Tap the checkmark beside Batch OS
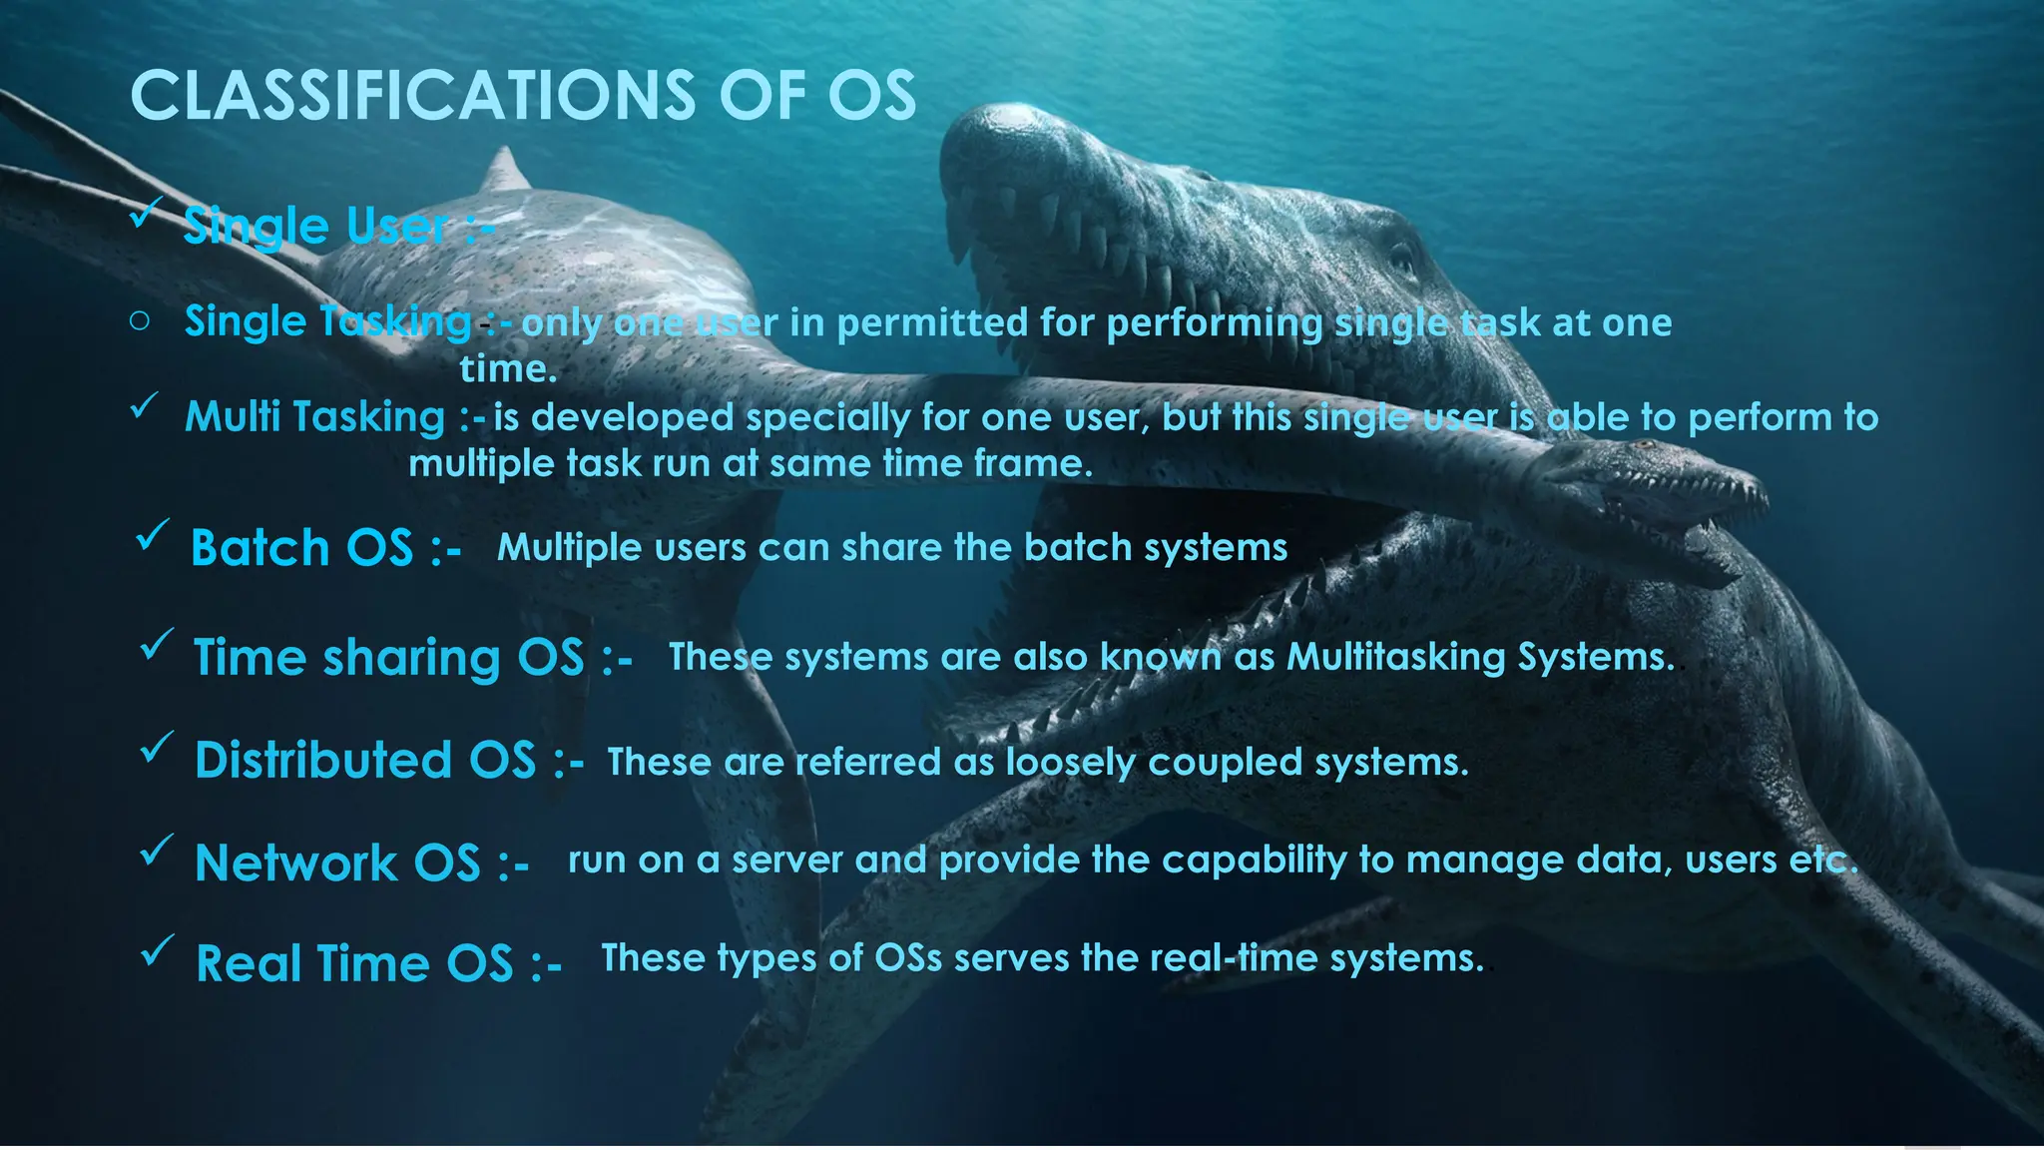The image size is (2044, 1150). [152, 535]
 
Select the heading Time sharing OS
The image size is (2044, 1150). [388, 658]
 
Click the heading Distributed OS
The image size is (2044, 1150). [365, 761]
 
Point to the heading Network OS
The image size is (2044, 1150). [337, 863]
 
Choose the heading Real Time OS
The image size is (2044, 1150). [354, 964]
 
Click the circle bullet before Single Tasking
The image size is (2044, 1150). [140, 321]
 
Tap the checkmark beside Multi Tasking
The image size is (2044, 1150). [145, 407]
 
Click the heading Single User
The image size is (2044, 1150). [315, 226]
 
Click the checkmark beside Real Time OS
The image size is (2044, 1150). [157, 950]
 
